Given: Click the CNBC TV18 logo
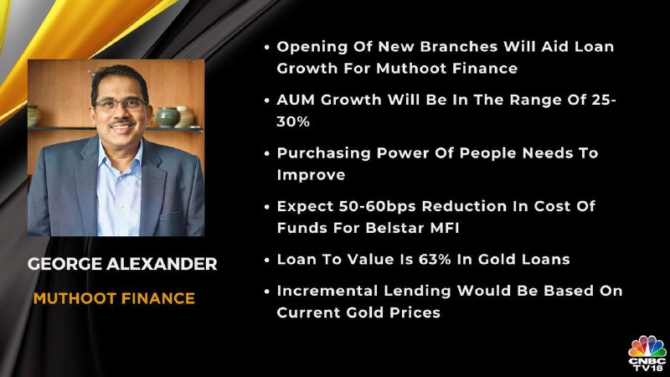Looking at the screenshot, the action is [647, 354].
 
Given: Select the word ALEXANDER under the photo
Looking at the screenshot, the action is [162, 264].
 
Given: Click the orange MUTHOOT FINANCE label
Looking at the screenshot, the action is [114, 298].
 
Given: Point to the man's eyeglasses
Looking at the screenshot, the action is [120, 104].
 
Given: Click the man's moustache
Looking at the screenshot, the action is [121, 122].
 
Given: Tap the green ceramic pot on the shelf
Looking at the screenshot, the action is [167, 116].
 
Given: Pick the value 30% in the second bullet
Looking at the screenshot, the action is [293, 121].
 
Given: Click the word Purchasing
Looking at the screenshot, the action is [323, 153].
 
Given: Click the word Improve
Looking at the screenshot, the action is [311, 175].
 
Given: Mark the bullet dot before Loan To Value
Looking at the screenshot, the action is [267, 261].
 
